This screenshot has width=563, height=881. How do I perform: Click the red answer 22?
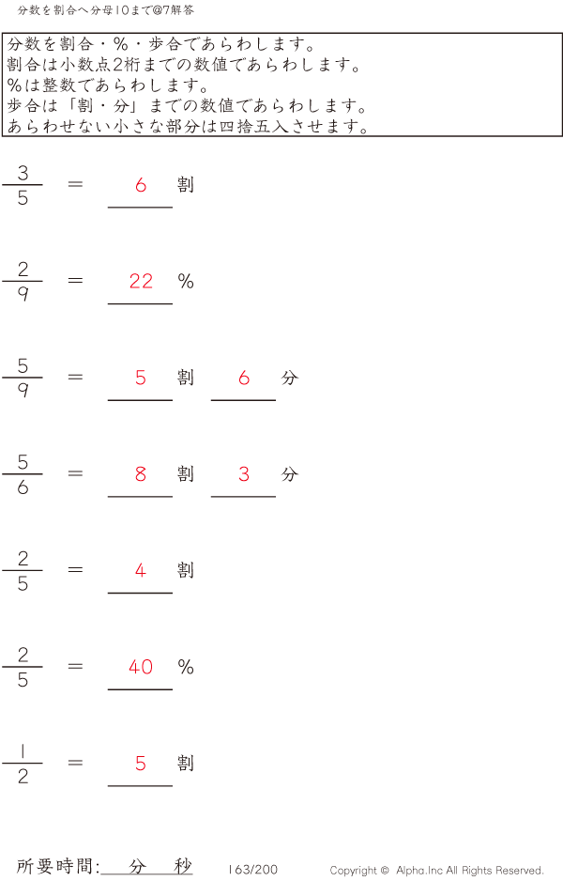[141, 281]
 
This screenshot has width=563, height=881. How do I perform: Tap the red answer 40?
[141, 667]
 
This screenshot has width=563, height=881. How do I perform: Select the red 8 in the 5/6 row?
[141, 474]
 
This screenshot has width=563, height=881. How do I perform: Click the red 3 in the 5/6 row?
[244, 474]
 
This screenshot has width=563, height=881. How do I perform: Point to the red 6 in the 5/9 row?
[244, 378]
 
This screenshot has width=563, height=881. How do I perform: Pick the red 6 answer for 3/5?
[141, 185]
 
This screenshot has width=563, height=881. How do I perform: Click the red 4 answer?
[141, 570]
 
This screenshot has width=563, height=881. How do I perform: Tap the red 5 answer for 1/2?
[141, 764]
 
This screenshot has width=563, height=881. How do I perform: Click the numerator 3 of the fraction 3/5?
[23, 172]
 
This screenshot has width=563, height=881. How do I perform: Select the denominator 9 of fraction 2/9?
[23, 294]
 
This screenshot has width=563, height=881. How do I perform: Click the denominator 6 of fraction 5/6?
[23, 487]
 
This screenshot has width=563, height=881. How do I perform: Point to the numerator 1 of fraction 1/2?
[23, 750]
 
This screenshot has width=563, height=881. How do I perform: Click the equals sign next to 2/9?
[76, 280]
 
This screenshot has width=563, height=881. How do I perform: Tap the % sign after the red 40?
[186, 667]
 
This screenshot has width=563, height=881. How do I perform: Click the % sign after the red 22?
[186, 281]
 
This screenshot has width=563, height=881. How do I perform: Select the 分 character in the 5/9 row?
[289, 378]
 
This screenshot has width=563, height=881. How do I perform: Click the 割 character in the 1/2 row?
[186, 763]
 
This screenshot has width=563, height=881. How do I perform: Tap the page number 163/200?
[252, 870]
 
